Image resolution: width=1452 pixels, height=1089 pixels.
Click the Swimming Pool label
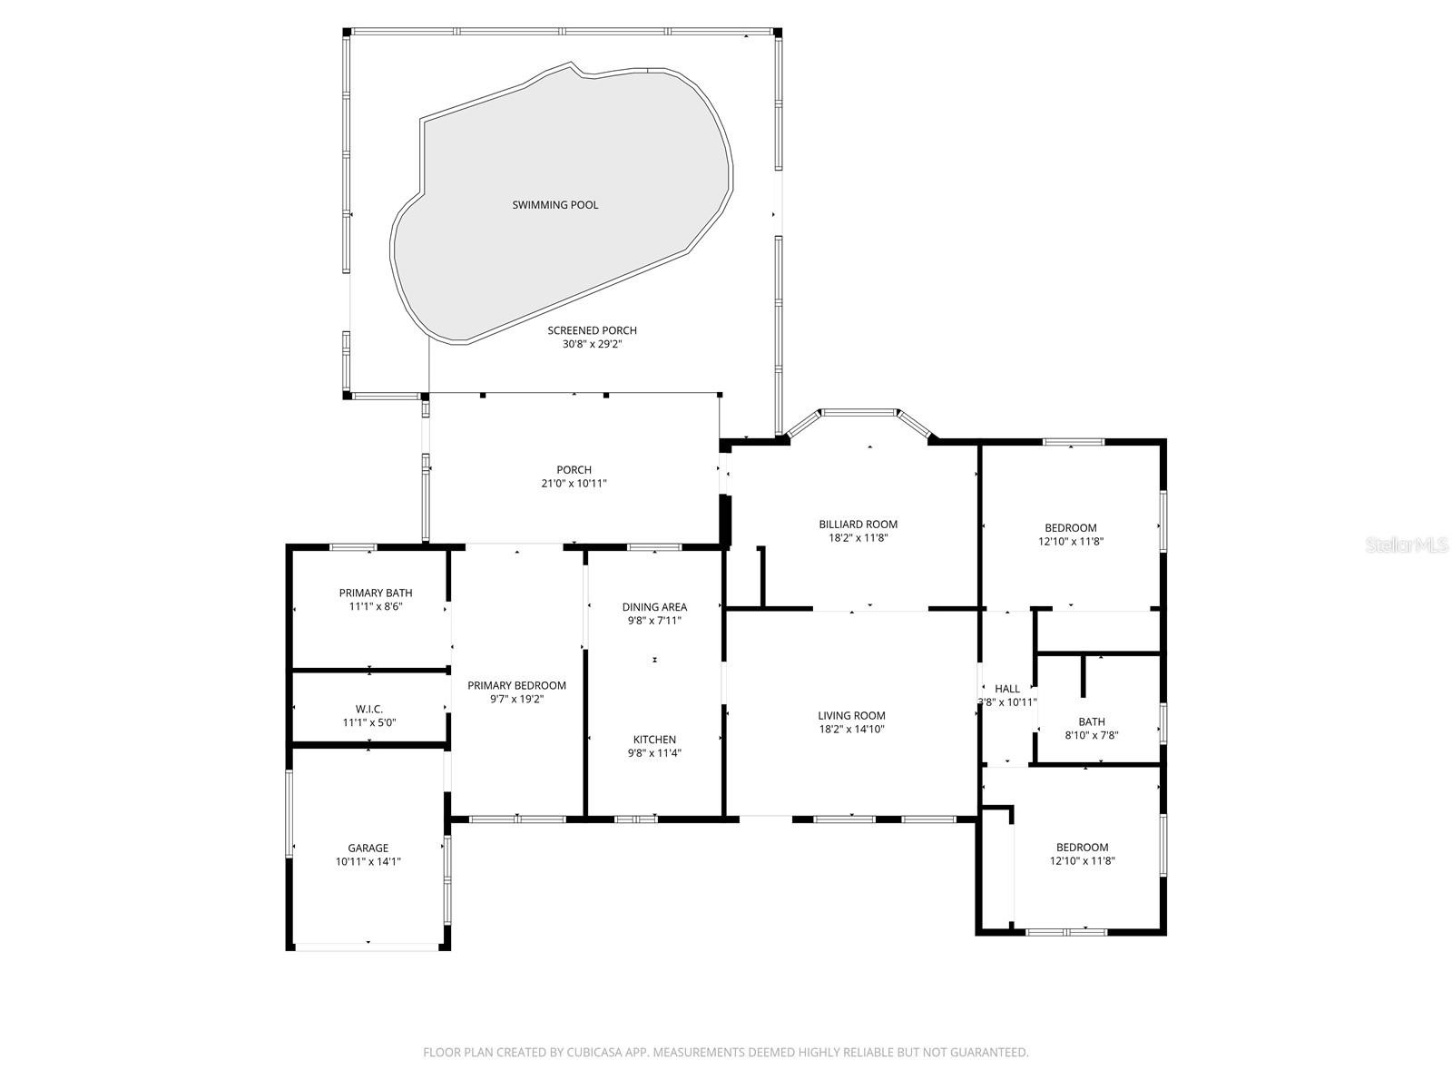point(555,205)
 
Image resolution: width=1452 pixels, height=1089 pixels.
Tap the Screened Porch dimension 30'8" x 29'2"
point(592,344)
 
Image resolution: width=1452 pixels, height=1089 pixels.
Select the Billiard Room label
point(858,525)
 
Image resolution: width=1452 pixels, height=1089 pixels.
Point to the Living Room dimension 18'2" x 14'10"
point(851,729)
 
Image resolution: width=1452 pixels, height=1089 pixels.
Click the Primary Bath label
point(376,594)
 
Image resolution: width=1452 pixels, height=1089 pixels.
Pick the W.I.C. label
point(369,709)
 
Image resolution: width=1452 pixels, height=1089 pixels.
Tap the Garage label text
point(368,848)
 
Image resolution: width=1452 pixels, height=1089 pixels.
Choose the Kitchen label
point(655,740)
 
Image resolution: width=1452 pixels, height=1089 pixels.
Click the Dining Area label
point(655,607)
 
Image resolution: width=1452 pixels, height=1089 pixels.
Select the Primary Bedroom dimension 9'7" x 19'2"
point(516,699)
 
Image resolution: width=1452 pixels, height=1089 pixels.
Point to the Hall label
point(1007,688)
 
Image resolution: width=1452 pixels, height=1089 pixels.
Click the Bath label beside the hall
point(1092,721)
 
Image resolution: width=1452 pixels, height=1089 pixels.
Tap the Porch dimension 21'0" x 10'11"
point(574,484)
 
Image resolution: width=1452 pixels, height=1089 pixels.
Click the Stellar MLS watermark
point(1407,544)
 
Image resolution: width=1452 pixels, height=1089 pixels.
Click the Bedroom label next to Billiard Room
point(1071,527)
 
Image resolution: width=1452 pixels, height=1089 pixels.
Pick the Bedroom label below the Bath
point(1083,847)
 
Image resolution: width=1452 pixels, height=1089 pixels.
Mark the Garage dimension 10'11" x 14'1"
point(368,861)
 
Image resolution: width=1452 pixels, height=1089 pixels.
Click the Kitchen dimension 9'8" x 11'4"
point(655,752)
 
